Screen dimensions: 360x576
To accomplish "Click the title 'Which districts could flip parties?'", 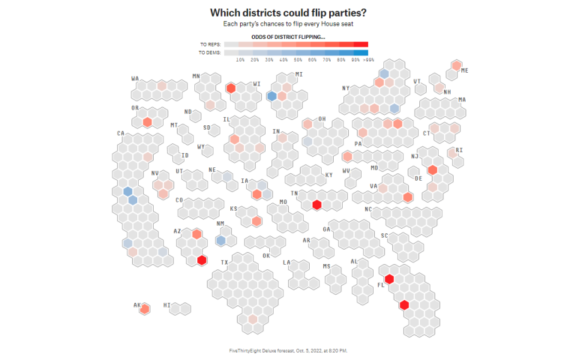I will (288, 13).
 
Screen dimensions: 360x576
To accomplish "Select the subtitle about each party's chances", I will (288, 25).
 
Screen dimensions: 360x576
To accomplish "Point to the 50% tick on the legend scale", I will (297, 59).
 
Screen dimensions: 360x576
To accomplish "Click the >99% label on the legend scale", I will (367, 59).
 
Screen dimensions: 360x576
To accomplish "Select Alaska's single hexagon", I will (145, 307).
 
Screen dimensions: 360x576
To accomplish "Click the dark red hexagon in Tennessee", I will (317, 204).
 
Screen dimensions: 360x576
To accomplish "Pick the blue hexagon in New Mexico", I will (221, 240).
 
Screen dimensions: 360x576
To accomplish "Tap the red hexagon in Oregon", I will (148, 121).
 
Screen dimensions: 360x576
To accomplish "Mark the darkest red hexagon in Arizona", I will (202, 260).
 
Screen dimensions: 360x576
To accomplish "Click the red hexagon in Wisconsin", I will (231, 88).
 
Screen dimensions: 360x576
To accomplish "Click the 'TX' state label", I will (223, 262).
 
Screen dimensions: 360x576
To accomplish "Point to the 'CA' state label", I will (120, 133).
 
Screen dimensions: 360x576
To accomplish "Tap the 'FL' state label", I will (381, 284).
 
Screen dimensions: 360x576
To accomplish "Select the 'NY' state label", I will (346, 88).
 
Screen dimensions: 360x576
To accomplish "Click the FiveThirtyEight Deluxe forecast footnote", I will (288, 349).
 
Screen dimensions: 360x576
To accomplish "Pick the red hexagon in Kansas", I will (256, 220).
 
